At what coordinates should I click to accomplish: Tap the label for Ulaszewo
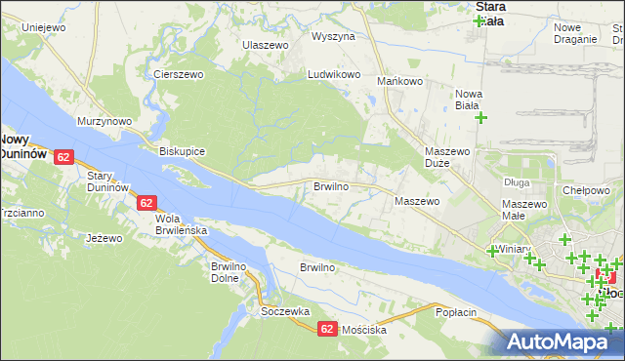[266, 45]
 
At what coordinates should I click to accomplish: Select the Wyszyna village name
[333, 36]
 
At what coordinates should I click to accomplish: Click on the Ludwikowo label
[335, 74]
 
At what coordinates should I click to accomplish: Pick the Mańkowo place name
[398, 82]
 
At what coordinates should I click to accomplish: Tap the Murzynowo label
[104, 121]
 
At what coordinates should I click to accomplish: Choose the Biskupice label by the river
[182, 152]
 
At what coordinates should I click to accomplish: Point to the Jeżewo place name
[104, 238]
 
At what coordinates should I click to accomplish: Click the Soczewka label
[285, 311]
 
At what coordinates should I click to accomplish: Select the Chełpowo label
[586, 190]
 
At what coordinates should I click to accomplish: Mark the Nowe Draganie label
[574, 33]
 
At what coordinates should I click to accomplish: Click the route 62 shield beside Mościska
[328, 330]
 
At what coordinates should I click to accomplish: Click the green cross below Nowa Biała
[480, 118]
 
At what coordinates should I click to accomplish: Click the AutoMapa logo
[563, 341]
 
